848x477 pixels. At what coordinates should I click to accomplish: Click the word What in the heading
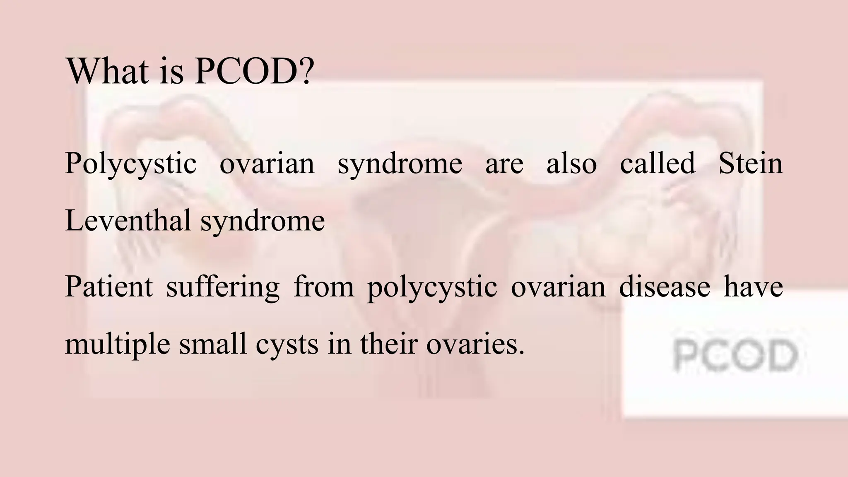point(108,71)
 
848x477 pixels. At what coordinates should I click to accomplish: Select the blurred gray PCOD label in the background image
point(735,355)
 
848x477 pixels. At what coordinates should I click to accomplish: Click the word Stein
point(750,163)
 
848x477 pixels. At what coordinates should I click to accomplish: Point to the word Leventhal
point(128,220)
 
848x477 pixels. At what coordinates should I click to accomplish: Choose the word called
point(657,163)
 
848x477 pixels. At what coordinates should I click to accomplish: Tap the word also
point(571,163)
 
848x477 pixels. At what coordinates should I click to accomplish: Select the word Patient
point(109,287)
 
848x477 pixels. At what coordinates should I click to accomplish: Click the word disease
point(664,287)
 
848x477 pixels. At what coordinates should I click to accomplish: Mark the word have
point(753,287)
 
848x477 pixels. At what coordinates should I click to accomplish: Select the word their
point(388,344)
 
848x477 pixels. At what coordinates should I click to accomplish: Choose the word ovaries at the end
point(475,344)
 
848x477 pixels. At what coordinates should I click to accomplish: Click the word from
point(324,287)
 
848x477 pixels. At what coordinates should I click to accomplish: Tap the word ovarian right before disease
point(558,287)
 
